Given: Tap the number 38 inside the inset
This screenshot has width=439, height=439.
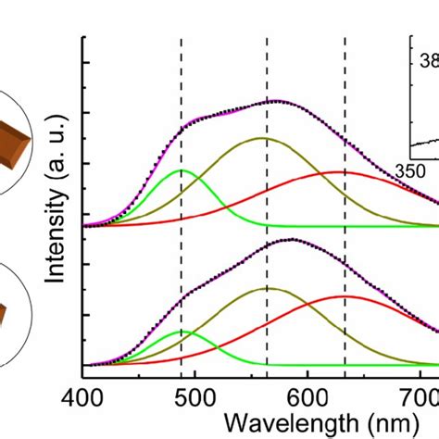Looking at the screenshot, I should (x=429, y=62).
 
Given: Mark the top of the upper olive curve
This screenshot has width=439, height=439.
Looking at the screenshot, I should (x=263, y=138).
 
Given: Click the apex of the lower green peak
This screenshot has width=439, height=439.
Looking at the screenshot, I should (x=181, y=331).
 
